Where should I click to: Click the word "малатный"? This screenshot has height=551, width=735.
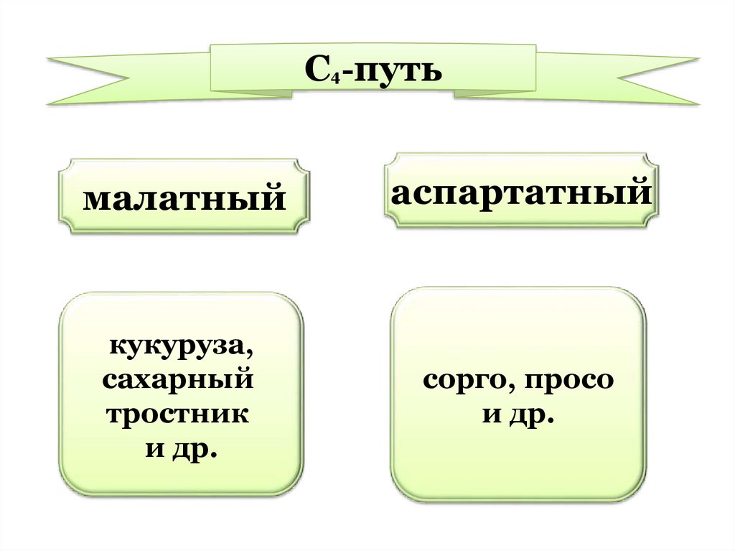(x=184, y=198)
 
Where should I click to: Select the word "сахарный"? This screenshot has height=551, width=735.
(x=177, y=382)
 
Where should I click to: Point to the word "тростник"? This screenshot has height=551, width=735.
(x=177, y=416)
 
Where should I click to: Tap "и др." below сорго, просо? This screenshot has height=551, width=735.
(x=518, y=416)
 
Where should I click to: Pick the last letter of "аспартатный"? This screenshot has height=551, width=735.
(x=641, y=193)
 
